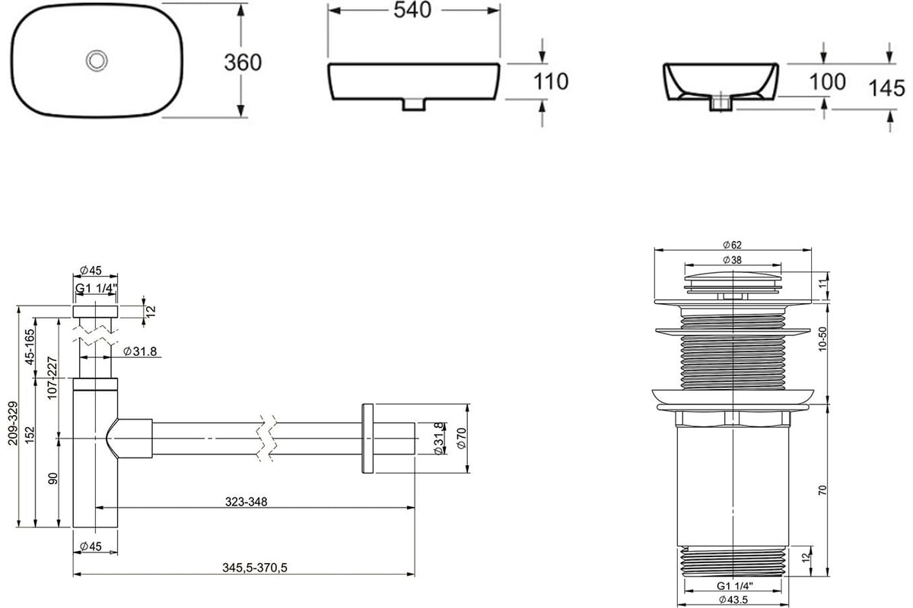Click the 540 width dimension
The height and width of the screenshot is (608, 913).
click(412, 10)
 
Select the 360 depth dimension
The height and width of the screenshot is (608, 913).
click(243, 62)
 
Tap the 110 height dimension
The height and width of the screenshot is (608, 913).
click(551, 81)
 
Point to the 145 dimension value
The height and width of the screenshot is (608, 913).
click(886, 88)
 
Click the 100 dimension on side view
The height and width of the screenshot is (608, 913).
click(828, 82)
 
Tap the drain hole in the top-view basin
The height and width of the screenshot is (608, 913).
click(97, 60)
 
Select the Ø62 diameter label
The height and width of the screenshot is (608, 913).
click(733, 245)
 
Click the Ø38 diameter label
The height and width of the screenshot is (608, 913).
click(733, 260)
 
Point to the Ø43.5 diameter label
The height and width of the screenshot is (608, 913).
click(733, 600)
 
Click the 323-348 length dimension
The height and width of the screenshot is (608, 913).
click(247, 502)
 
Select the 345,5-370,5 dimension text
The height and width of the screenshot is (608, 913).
click(255, 568)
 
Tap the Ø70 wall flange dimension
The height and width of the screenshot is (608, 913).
click(461, 439)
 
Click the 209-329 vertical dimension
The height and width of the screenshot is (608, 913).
click(14, 423)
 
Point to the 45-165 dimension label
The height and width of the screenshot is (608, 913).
click(30, 347)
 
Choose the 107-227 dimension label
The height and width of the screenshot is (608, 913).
click(52, 378)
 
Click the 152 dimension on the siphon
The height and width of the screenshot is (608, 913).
click(30, 435)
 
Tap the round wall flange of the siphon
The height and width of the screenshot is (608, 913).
click(367, 439)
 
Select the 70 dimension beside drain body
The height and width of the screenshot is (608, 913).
click(822, 490)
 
